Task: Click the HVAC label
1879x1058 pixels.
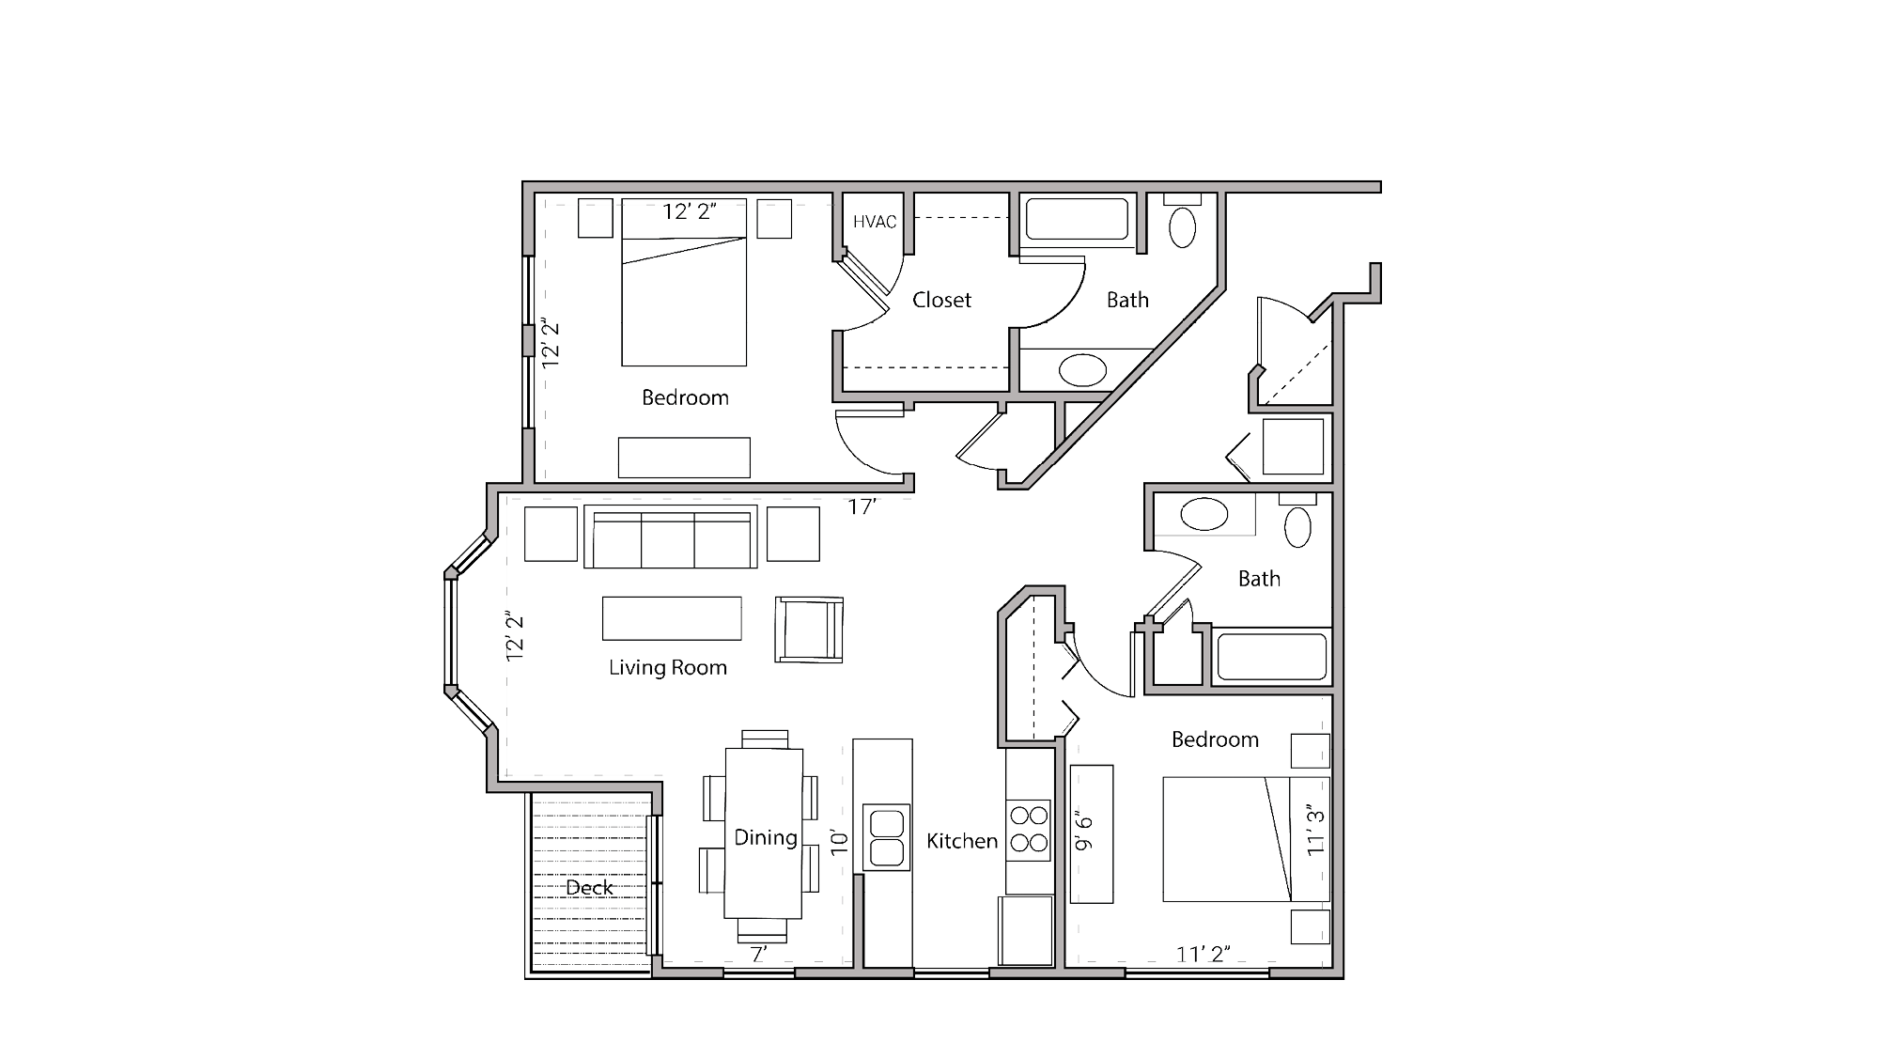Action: [x=874, y=222]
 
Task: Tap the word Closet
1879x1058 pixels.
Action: [x=941, y=300]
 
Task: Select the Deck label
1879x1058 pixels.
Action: [x=589, y=887]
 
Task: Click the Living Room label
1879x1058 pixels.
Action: [x=668, y=667]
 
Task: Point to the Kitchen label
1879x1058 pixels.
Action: [x=961, y=841]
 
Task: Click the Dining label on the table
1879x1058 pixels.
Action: [x=765, y=837]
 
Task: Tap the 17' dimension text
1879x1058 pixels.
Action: [x=862, y=507]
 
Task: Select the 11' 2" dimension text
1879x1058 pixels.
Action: [x=1203, y=955]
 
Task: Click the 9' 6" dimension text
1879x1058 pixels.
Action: [x=1084, y=831]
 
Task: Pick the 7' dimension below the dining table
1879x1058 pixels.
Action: [x=759, y=955]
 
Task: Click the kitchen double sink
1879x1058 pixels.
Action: [x=886, y=837]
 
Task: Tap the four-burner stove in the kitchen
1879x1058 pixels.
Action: [x=1029, y=829]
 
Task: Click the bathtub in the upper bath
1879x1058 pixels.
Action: [x=1077, y=220]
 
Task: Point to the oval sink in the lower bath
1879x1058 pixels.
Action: [x=1203, y=515]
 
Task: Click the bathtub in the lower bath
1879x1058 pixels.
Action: [x=1271, y=656]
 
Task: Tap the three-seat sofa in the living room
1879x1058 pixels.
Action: [x=670, y=537]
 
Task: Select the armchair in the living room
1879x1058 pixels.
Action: [x=808, y=630]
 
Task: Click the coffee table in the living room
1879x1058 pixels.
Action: [x=672, y=618]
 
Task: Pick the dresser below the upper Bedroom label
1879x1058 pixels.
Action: [x=684, y=458]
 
